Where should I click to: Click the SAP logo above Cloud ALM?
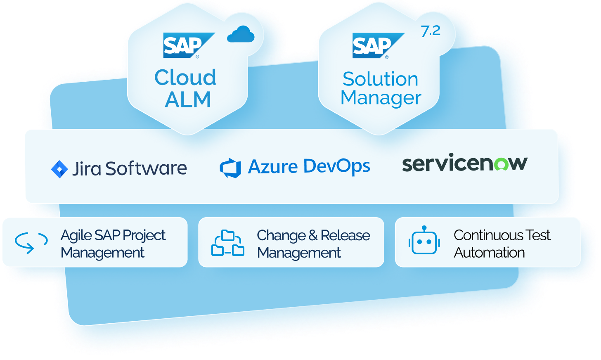pyautogui.click(x=188, y=45)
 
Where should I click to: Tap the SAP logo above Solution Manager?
pyautogui.click(x=377, y=45)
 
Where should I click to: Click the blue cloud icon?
pyautogui.click(x=241, y=35)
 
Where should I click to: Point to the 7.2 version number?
pyautogui.click(x=431, y=31)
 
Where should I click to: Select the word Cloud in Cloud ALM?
pyautogui.click(x=185, y=77)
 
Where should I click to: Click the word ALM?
pyautogui.click(x=188, y=99)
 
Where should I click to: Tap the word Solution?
pyautogui.click(x=380, y=79)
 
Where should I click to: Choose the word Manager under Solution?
pyautogui.click(x=381, y=98)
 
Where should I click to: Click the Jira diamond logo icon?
pyautogui.click(x=59, y=169)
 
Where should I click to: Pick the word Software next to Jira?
pyautogui.click(x=146, y=168)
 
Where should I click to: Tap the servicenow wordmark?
pyautogui.click(x=464, y=163)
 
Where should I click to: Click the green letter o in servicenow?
pyautogui.click(x=502, y=164)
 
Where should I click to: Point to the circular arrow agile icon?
pyautogui.click(x=31, y=242)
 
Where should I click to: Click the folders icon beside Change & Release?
pyautogui.click(x=228, y=243)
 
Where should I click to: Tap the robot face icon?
pyautogui.click(x=424, y=241)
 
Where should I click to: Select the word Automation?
pyautogui.click(x=489, y=252)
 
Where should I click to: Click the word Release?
pyautogui.click(x=345, y=235)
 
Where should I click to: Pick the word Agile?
pyautogui.click(x=76, y=235)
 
